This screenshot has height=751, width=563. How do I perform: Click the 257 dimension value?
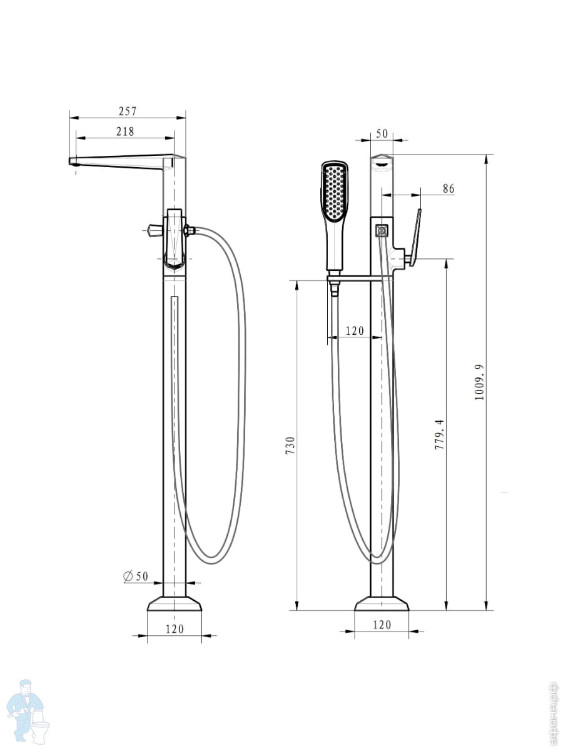coord(128,111)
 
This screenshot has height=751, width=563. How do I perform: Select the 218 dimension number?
coord(125,131)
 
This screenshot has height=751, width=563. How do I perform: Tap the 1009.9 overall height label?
coord(479,382)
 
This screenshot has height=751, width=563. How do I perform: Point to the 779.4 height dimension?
coord(439,434)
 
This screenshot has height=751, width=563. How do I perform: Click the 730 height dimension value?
coord(290,445)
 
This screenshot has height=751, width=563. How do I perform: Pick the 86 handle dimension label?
coord(449,188)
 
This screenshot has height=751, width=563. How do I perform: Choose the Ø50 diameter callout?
coord(136,576)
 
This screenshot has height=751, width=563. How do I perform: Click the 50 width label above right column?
coord(382,134)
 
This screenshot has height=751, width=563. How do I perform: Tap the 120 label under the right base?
coord(382,625)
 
